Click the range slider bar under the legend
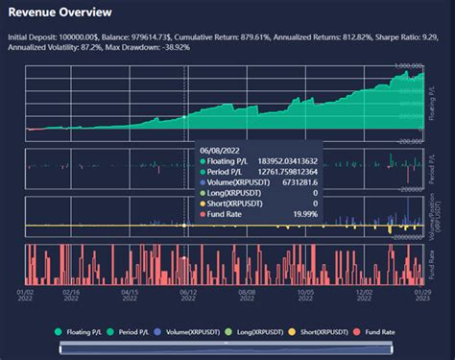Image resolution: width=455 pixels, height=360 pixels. tap(227, 348)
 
